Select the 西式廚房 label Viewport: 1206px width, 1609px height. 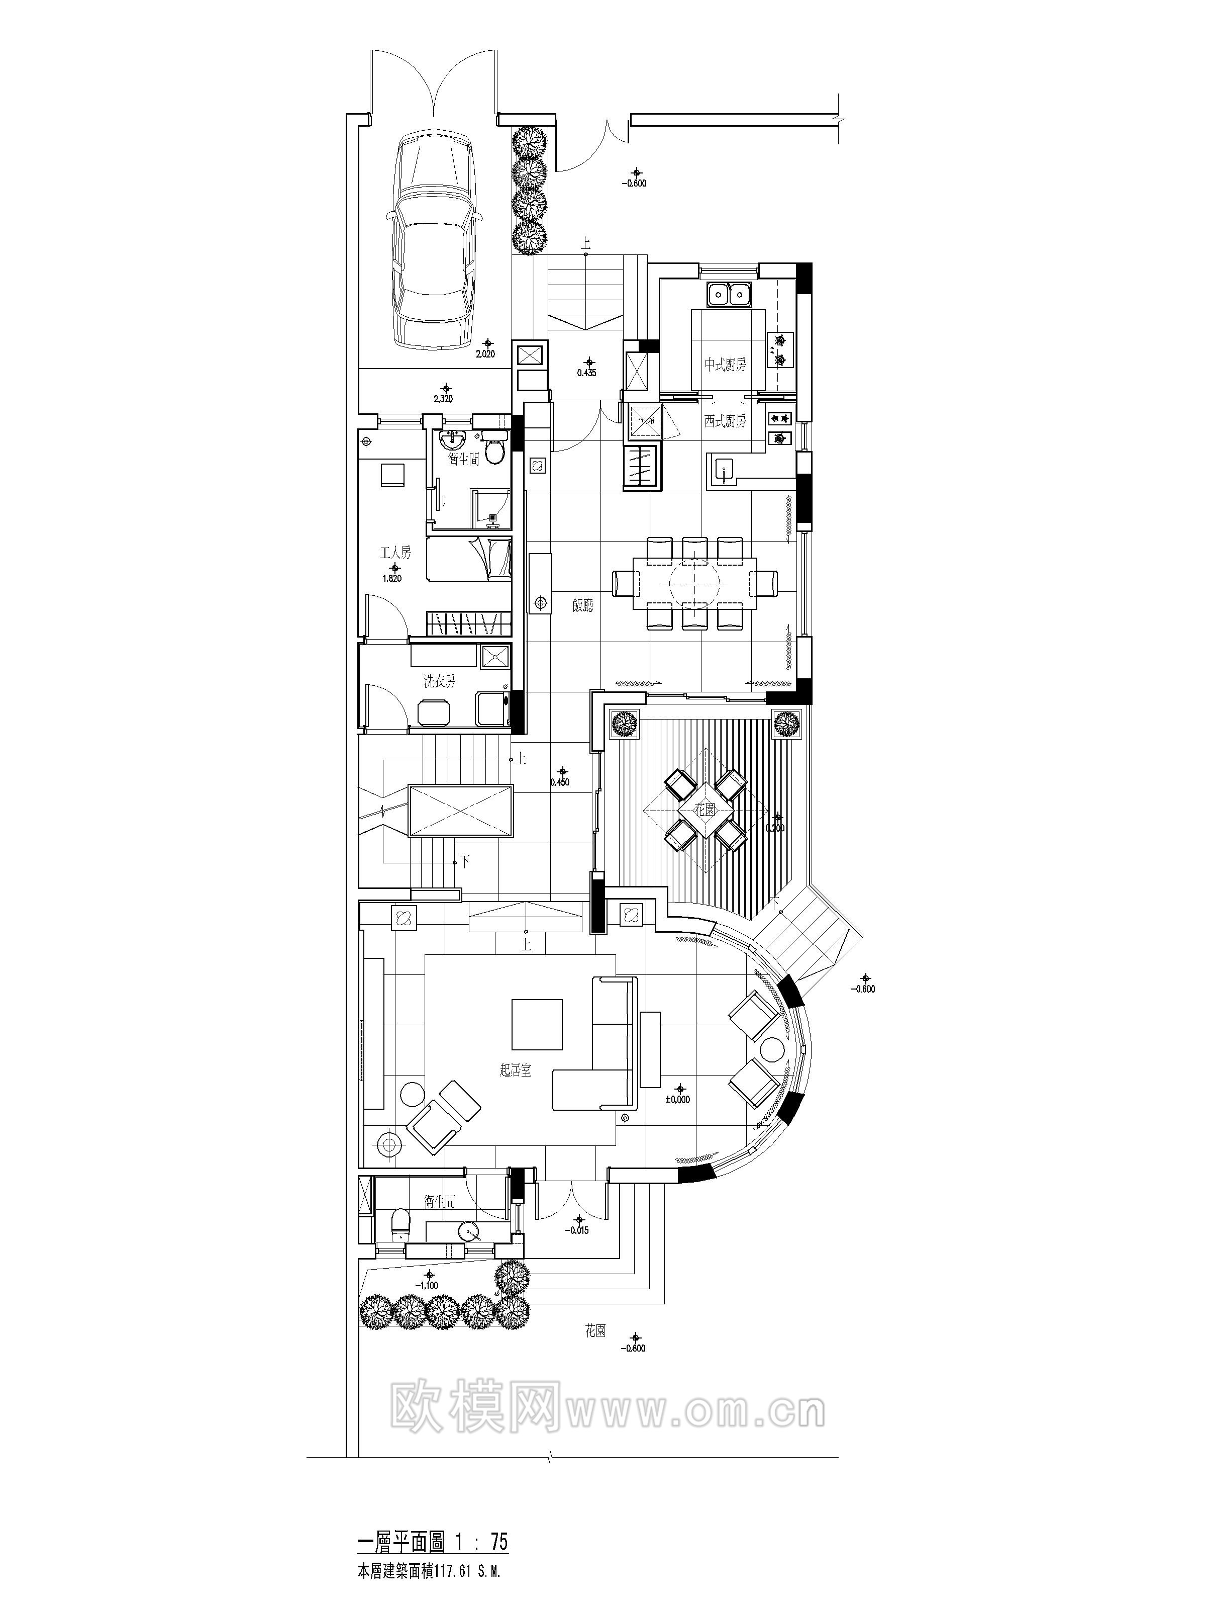point(724,421)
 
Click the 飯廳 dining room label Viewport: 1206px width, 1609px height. point(582,604)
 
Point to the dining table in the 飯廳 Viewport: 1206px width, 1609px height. point(694,582)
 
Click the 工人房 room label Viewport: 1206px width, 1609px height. point(396,553)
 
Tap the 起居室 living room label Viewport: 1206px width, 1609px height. point(516,1070)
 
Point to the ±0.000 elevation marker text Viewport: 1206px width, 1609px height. point(677,1100)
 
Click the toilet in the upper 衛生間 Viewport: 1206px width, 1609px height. point(495,450)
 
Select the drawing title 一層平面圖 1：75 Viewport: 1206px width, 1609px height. point(433,1536)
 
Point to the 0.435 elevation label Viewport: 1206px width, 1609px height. point(586,373)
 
